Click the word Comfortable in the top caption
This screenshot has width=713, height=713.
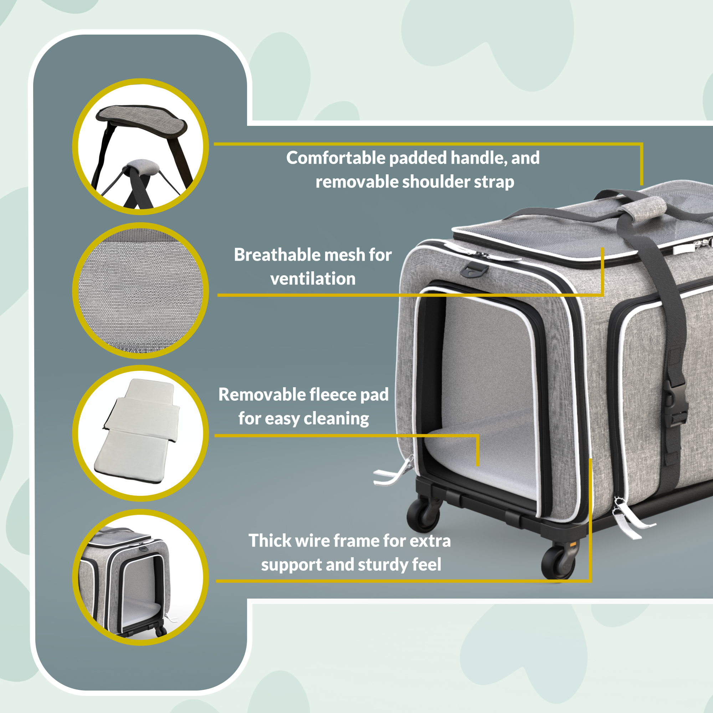336,158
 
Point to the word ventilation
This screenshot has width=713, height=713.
313,279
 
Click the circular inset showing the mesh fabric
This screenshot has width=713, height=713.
140,291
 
